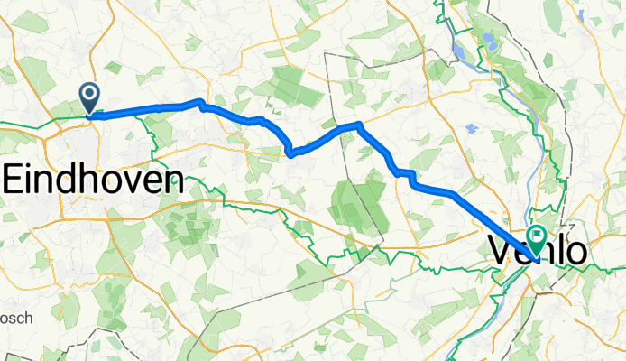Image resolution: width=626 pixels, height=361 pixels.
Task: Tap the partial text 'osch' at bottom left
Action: pos(15,318)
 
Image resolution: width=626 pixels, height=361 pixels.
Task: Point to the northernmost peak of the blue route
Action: pos(199,102)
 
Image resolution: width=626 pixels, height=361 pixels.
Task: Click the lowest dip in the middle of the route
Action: pos(290,153)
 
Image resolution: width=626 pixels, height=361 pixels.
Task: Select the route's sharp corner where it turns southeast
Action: pos(359,124)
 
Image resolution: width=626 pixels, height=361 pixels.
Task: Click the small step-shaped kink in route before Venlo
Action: pos(406,173)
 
